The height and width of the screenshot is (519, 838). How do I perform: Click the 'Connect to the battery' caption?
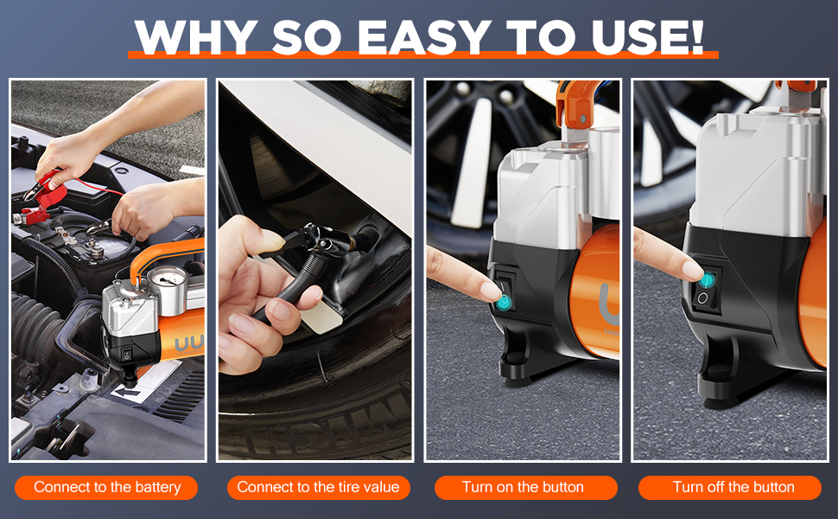[107, 487]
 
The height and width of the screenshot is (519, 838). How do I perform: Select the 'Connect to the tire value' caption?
[319, 487]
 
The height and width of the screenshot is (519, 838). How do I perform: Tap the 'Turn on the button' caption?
[524, 487]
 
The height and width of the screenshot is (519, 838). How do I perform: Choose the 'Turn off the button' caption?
[733, 487]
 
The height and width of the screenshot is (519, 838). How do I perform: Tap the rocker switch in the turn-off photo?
[706, 289]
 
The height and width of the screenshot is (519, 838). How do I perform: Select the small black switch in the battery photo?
[127, 354]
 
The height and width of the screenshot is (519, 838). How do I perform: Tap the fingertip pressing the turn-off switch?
[693, 270]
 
